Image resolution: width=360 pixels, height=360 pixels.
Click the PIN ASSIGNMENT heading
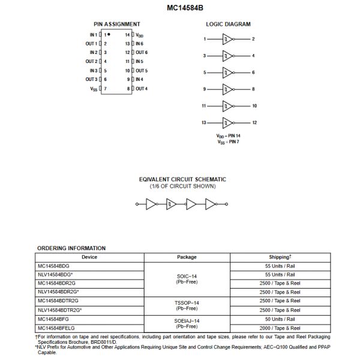coord(117,24)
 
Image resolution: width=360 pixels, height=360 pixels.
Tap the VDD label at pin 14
coord(140,35)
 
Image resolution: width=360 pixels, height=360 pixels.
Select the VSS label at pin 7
coord(94,89)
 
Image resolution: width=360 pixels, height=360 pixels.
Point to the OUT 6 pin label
coord(142,52)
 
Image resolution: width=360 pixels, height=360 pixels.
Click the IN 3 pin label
coord(92,70)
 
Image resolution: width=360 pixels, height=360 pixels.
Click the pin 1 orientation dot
coord(109,35)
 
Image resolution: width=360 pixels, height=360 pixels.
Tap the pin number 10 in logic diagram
coord(254,106)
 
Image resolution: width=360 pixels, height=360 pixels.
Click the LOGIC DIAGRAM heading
coord(228,24)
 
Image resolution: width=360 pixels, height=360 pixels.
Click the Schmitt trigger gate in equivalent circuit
coord(172,204)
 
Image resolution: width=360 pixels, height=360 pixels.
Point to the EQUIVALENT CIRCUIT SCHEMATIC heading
coord(182,179)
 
